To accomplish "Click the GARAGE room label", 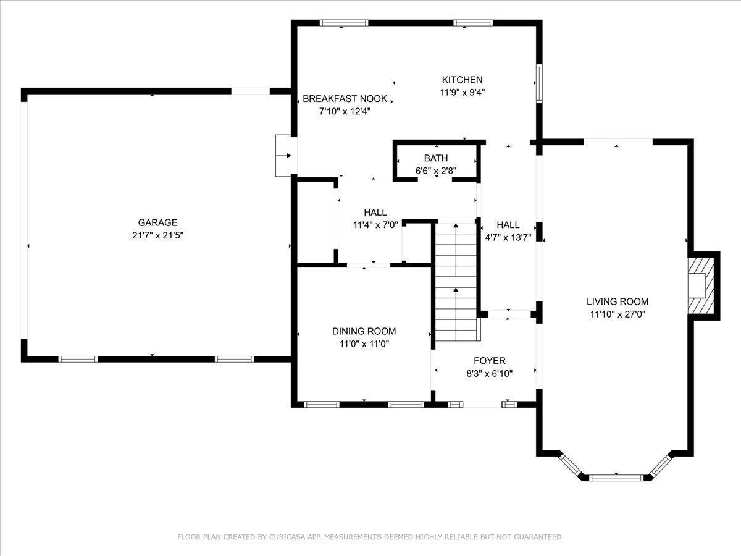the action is click(x=157, y=222).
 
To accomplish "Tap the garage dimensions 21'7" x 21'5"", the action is click(x=157, y=235).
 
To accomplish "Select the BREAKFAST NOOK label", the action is click(x=345, y=99).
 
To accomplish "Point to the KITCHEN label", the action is click(x=462, y=80).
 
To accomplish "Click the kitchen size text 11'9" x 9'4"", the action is click(x=462, y=92).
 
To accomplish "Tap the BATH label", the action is click(x=436, y=158).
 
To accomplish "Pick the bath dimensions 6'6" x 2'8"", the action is click(x=436, y=171).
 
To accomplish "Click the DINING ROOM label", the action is click(x=364, y=331).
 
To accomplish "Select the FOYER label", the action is click(x=490, y=361).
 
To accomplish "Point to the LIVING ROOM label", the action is click(x=617, y=301).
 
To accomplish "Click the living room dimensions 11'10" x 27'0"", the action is click(x=617, y=314).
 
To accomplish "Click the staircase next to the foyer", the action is click(x=456, y=282).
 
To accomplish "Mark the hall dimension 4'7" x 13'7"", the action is click(x=508, y=238).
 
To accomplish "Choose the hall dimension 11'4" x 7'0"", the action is click(x=375, y=225).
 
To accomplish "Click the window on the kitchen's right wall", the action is click(x=539, y=83).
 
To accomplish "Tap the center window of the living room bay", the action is click(x=616, y=478).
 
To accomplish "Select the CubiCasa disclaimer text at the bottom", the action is click(x=371, y=537).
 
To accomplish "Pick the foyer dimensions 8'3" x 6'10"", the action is click(x=490, y=373).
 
